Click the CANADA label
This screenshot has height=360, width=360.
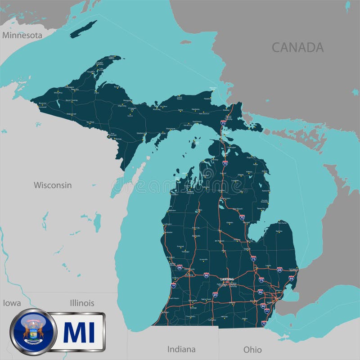click(x=297, y=47)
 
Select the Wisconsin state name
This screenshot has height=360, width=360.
click(x=53, y=185)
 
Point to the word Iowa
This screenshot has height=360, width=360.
click(x=12, y=303)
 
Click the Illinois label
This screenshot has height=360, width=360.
click(x=82, y=303)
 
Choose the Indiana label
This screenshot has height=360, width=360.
click(x=181, y=349)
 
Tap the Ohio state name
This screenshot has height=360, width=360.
click(x=252, y=349)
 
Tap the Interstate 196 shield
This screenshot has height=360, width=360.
click(x=174, y=285)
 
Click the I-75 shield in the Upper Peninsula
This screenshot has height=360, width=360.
click(x=223, y=122)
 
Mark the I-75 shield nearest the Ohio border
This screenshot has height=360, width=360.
click(x=264, y=323)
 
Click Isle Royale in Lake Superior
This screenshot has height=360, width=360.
click(x=84, y=28)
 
